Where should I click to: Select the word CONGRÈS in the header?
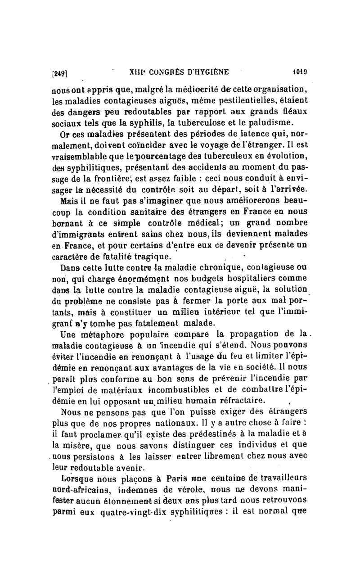165,71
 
